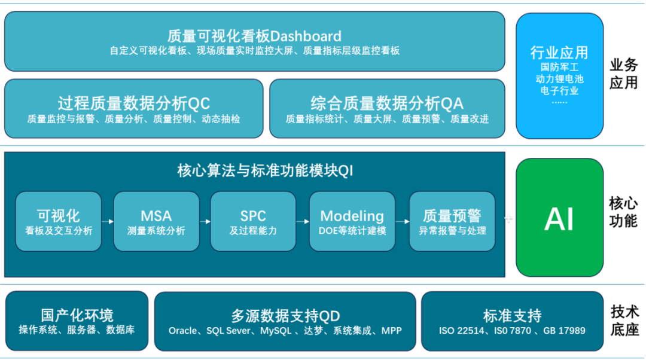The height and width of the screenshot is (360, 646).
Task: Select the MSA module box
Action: click(x=156, y=221)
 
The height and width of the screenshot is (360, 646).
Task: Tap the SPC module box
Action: click(x=253, y=221)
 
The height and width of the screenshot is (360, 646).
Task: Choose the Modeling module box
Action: click(x=352, y=221)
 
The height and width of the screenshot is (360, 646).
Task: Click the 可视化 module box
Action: click(x=59, y=221)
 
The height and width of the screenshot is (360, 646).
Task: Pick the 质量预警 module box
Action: click(x=452, y=221)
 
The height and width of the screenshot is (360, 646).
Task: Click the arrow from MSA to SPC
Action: click(x=205, y=222)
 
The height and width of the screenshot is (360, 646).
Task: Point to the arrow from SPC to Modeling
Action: click(x=303, y=222)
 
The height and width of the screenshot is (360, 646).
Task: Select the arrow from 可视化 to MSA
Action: click(x=108, y=222)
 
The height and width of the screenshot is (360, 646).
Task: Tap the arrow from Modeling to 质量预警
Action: click(x=402, y=222)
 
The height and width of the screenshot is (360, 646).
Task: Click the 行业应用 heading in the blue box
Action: click(x=559, y=53)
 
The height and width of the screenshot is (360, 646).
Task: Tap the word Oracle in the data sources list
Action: click(x=183, y=331)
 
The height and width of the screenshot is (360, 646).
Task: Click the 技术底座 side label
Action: click(x=624, y=321)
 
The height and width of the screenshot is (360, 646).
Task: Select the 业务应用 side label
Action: click(x=624, y=74)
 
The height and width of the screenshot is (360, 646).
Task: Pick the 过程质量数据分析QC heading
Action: click(x=134, y=103)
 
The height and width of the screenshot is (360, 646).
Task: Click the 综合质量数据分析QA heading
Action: click(x=387, y=103)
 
